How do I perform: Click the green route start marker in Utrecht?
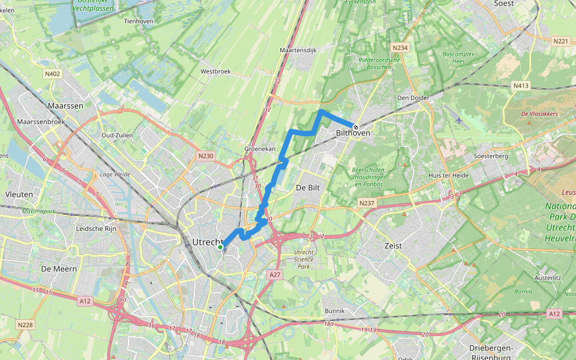[x=220, y=247]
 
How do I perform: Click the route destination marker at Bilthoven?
[x=356, y=127]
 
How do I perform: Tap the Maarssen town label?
[x=65, y=106]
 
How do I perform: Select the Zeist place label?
[x=393, y=246]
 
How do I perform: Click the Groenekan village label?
[x=260, y=148]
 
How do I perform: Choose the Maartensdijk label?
[x=298, y=50]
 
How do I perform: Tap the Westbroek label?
[x=215, y=71]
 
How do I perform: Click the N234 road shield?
[x=400, y=47]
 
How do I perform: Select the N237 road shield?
[x=367, y=204]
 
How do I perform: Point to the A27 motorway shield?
[x=274, y=274]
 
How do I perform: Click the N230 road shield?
[x=205, y=156]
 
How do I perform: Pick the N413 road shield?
[x=521, y=86]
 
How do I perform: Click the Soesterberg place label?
[x=491, y=156]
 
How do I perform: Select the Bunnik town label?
[x=334, y=311]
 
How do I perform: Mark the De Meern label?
[x=59, y=269]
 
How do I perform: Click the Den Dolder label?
[x=412, y=98]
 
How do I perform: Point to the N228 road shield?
[x=25, y=325]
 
